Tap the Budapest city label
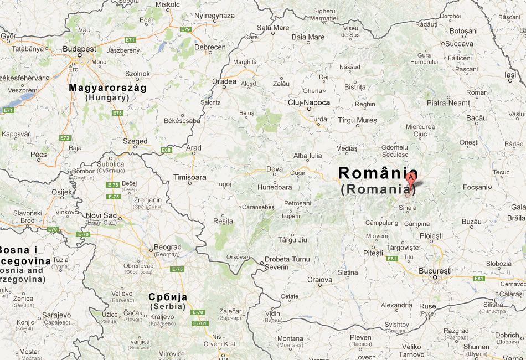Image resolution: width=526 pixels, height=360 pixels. pyautogui.click(x=79, y=49)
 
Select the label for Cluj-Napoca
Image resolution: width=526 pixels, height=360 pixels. pyautogui.click(x=308, y=102)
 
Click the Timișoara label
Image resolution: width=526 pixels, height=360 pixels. pyautogui.click(x=189, y=177)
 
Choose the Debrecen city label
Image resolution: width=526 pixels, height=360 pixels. pyautogui.click(x=210, y=47)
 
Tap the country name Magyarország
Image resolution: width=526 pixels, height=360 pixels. pyautogui.click(x=107, y=88)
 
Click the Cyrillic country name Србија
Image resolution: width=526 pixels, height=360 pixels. pyautogui.click(x=168, y=297)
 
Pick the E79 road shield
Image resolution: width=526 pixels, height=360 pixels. pyautogui.click(x=185, y=29)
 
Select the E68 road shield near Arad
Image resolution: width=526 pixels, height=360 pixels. pyautogui.click(x=166, y=150)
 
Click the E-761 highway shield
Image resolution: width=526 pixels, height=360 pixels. pyautogui.click(x=199, y=323)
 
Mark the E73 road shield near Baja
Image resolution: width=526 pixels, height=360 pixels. pyautogui.click(x=65, y=137)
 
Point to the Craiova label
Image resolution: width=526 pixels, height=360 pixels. pyautogui.click(x=319, y=280)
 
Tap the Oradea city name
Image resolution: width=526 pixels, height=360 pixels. pyautogui.click(x=224, y=81)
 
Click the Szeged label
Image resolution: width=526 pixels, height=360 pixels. pyautogui.click(x=136, y=141)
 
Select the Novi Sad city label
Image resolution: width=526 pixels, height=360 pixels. pyautogui.click(x=101, y=215)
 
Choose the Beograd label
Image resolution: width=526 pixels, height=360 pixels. pyautogui.click(x=167, y=247)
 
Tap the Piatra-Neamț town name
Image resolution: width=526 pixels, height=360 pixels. pyautogui.click(x=447, y=102)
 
